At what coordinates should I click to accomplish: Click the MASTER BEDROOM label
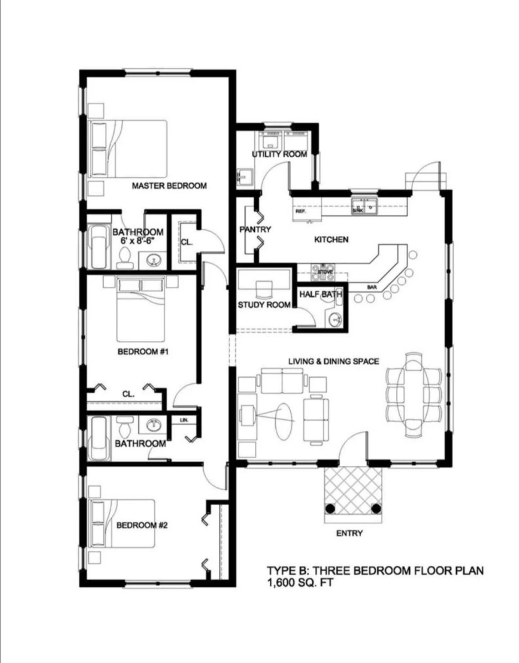click(169, 185)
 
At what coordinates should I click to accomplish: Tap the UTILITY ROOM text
click(279, 155)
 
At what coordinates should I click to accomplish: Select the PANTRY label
click(255, 229)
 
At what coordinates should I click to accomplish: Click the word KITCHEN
click(331, 239)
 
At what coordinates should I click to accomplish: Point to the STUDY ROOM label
click(264, 304)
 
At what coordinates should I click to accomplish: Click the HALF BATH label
click(320, 294)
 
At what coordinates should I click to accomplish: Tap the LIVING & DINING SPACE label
click(333, 361)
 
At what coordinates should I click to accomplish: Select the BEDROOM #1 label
click(143, 351)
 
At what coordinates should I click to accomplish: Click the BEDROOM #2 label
click(142, 525)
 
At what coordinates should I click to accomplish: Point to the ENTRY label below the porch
click(349, 533)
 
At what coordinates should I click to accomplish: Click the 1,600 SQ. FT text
click(300, 582)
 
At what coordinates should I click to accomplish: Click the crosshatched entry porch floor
click(353, 489)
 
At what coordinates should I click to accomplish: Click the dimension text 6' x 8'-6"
click(138, 240)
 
